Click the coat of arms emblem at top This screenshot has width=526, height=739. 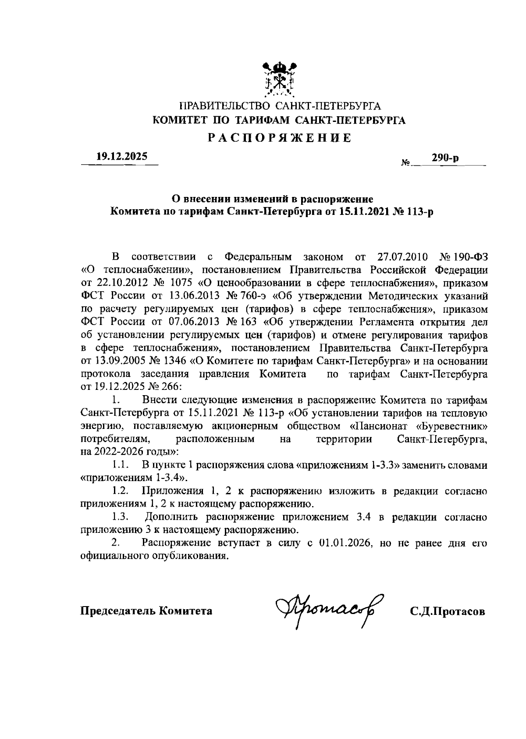[280, 79]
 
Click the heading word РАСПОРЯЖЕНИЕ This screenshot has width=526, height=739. [279, 138]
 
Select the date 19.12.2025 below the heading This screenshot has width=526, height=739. [121, 157]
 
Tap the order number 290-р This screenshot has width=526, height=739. [445, 158]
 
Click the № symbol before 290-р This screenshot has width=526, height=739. [405, 163]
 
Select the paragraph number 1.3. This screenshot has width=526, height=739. [119, 517]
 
